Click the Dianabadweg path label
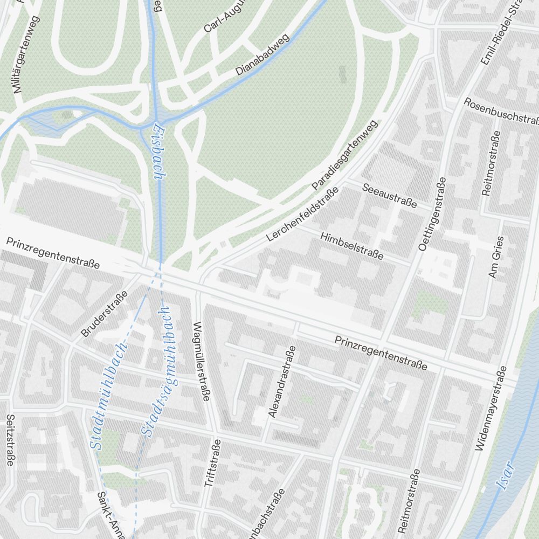(x=262, y=55)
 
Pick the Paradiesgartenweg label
(x=345, y=155)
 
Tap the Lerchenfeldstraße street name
(x=302, y=214)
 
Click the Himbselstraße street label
(x=351, y=246)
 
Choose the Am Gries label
(x=495, y=257)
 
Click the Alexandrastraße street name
(x=282, y=382)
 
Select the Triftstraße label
(x=213, y=464)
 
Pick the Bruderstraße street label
(x=104, y=314)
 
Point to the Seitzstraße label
(x=10, y=439)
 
